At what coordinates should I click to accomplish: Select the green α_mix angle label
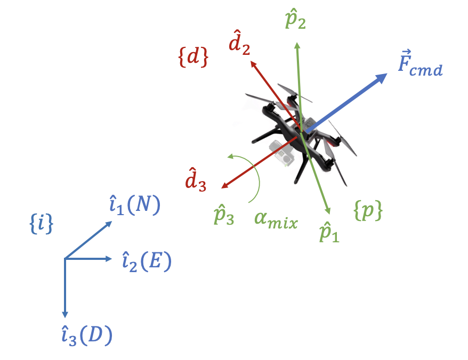[x=276, y=218]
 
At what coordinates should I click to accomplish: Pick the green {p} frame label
[x=368, y=211]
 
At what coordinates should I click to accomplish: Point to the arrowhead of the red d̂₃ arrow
[x=224, y=185]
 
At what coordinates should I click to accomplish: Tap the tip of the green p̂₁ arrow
[x=328, y=212]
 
